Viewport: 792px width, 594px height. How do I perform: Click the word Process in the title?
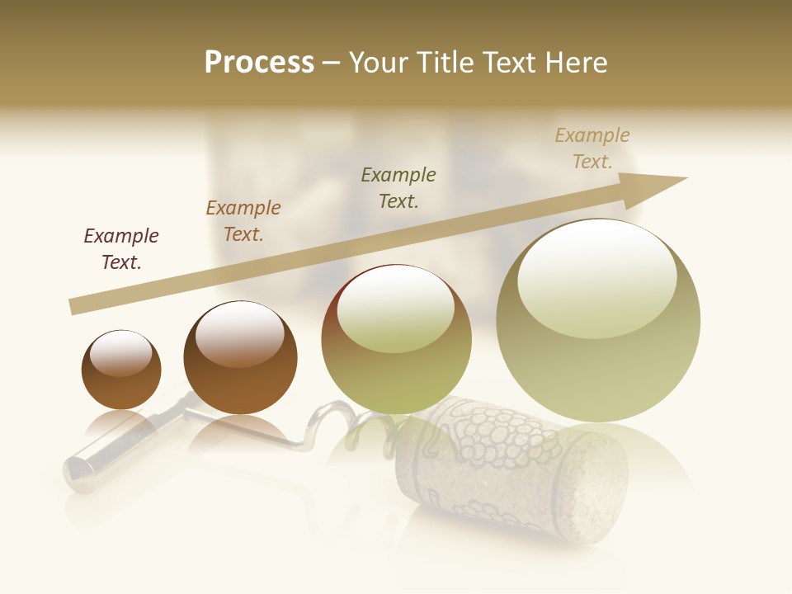tap(259, 63)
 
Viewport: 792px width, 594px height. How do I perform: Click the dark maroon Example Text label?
tap(121, 249)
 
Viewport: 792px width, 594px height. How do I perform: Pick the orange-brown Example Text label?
tap(243, 221)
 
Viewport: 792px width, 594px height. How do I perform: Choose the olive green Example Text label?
tap(398, 187)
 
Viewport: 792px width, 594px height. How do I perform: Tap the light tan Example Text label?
tap(592, 148)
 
